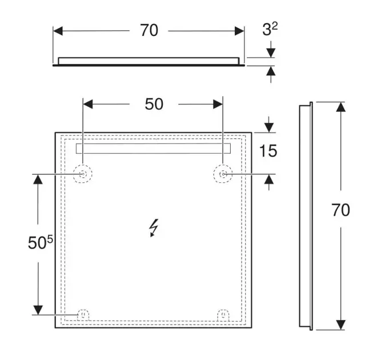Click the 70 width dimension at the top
(x=149, y=30)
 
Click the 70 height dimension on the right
(x=340, y=210)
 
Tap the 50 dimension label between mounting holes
(x=154, y=104)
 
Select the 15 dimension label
(x=268, y=151)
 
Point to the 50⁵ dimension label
(x=40, y=242)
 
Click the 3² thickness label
(x=270, y=29)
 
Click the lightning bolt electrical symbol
(x=154, y=228)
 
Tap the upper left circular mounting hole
(x=83, y=174)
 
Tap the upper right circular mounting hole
(x=223, y=174)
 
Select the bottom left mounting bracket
(x=83, y=315)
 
